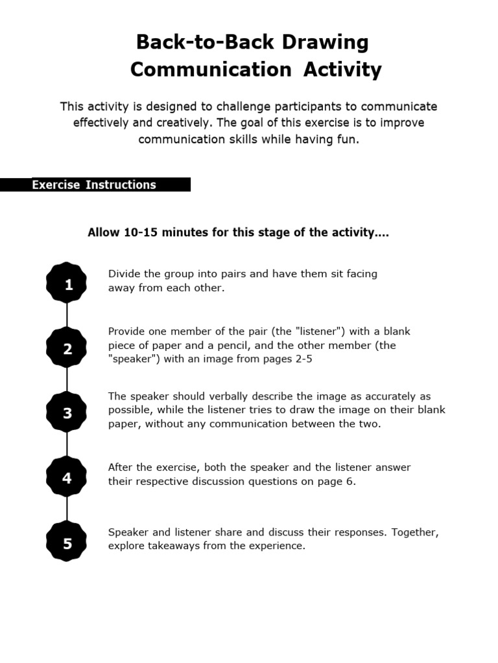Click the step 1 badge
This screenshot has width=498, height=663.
point(67,284)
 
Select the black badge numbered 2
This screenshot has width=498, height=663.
point(67,348)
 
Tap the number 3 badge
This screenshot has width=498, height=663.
point(67,413)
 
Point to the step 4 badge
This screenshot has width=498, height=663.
point(67,478)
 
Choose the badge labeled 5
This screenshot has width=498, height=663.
point(67,543)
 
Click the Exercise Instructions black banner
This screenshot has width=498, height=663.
point(95,185)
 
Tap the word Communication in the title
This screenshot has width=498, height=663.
point(211,69)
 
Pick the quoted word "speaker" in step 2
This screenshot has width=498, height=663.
point(134,359)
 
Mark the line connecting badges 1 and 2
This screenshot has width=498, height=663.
point(67,317)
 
